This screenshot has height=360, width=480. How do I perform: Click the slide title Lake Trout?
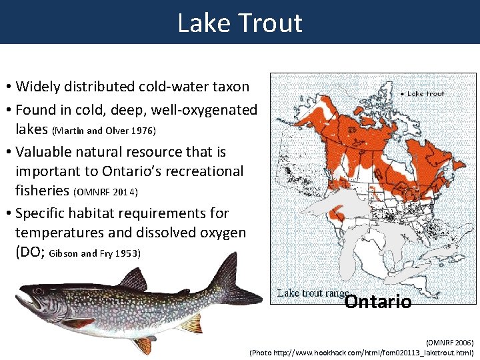pos(240,23)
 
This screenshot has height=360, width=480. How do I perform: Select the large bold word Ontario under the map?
pos(377,302)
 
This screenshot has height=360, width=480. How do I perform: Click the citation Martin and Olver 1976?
pos(103,130)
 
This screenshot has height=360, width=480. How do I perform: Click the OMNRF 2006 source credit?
pos(450,342)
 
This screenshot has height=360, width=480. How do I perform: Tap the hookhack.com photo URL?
pos(362,352)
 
